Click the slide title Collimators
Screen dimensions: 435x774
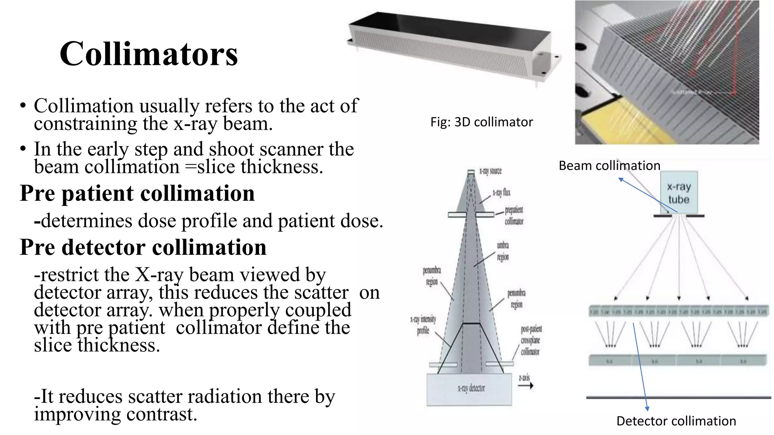[x=149, y=54]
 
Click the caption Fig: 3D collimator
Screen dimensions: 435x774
[x=481, y=122]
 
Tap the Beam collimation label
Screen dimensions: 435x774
[x=609, y=165]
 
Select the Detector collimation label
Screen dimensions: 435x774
[x=676, y=421]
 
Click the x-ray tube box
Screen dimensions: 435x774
[x=679, y=193]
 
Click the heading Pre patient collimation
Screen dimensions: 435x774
[x=137, y=193]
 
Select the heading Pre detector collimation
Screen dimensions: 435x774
[x=143, y=247]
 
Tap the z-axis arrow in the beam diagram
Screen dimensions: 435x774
[x=525, y=386]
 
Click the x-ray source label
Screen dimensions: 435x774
[x=490, y=171]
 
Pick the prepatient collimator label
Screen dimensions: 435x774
[x=514, y=215]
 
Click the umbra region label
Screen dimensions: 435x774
[x=503, y=251]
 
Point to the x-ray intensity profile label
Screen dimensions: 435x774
[x=423, y=325]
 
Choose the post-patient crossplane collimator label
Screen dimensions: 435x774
[x=531, y=340]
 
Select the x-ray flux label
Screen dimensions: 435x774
[x=501, y=193]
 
